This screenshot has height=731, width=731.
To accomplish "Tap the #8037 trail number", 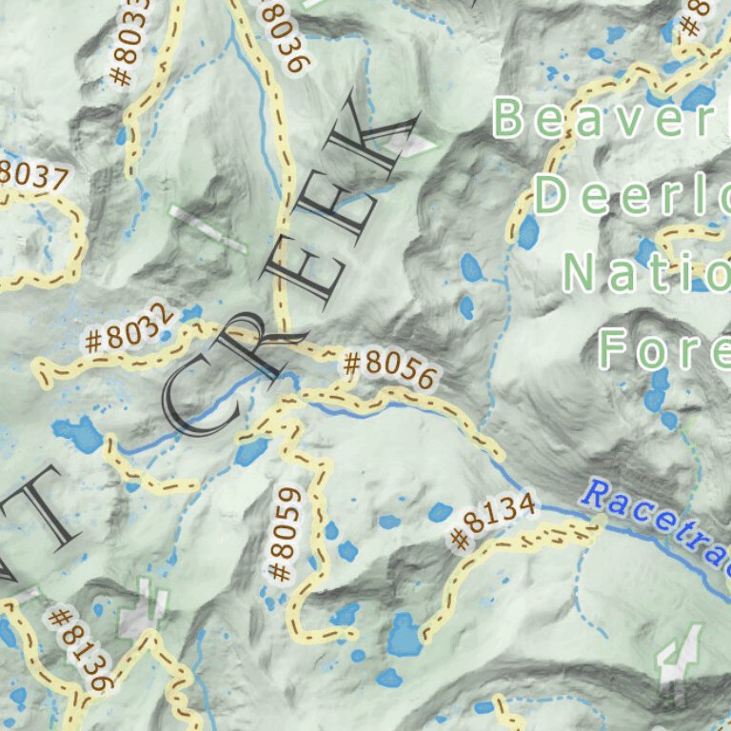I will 34,177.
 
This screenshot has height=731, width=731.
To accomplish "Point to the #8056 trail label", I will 388,369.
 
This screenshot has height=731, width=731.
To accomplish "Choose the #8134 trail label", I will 492,522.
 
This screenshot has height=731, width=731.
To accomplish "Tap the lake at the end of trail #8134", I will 405,635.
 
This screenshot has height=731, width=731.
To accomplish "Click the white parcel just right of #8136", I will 143,614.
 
